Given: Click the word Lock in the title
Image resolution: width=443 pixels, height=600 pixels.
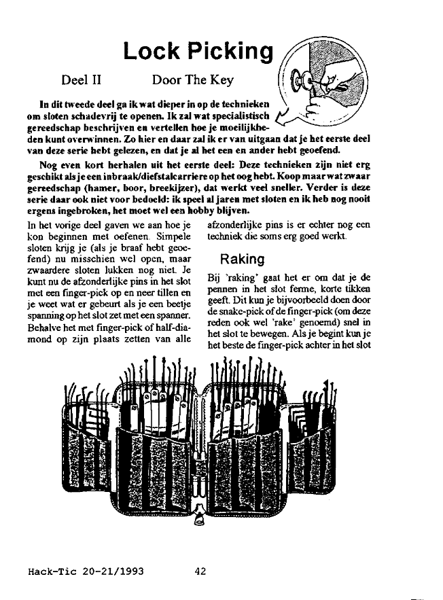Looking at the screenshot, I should pos(152,51).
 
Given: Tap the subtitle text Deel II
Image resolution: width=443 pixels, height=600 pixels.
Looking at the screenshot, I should pos(82,80).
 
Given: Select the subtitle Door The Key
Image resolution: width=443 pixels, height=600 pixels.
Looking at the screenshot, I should pos(193,80).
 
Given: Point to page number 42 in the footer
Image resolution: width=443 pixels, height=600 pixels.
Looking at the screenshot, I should pos(200,571).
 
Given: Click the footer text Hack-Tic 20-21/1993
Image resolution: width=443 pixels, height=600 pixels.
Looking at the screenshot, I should pos(86,571).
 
